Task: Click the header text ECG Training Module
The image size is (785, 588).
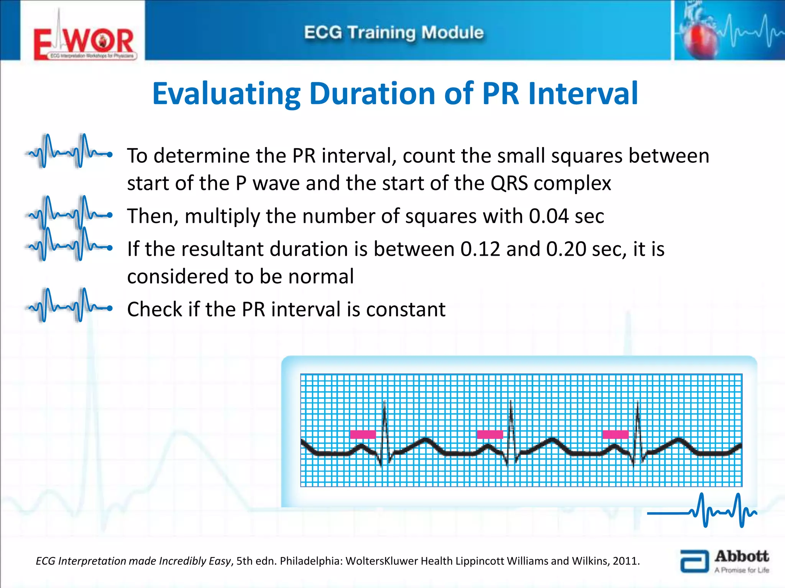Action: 394,33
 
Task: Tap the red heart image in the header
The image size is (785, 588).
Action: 701,38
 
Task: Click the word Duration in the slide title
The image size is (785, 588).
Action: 372,94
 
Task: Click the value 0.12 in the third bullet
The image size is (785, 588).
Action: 480,249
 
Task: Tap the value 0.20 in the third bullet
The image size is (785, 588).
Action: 566,249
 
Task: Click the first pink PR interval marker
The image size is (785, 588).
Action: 363,434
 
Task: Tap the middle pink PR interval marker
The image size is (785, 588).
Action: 489,434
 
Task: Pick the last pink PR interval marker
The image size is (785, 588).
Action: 615,434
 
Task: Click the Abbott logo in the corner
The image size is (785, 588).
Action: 724,562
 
